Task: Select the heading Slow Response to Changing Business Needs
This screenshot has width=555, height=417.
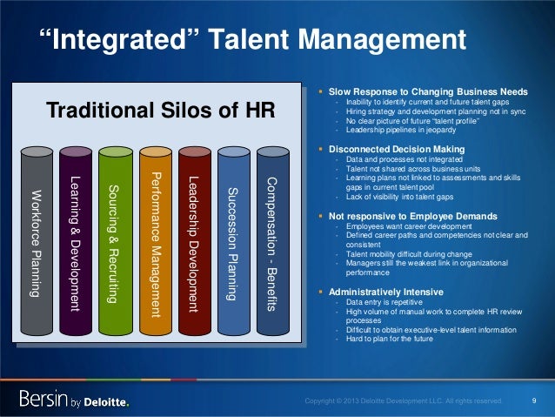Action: (427, 89)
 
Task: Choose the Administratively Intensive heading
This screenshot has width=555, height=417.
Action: (384, 291)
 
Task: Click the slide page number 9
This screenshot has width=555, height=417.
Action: (532, 400)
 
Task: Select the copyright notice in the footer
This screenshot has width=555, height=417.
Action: (403, 401)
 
